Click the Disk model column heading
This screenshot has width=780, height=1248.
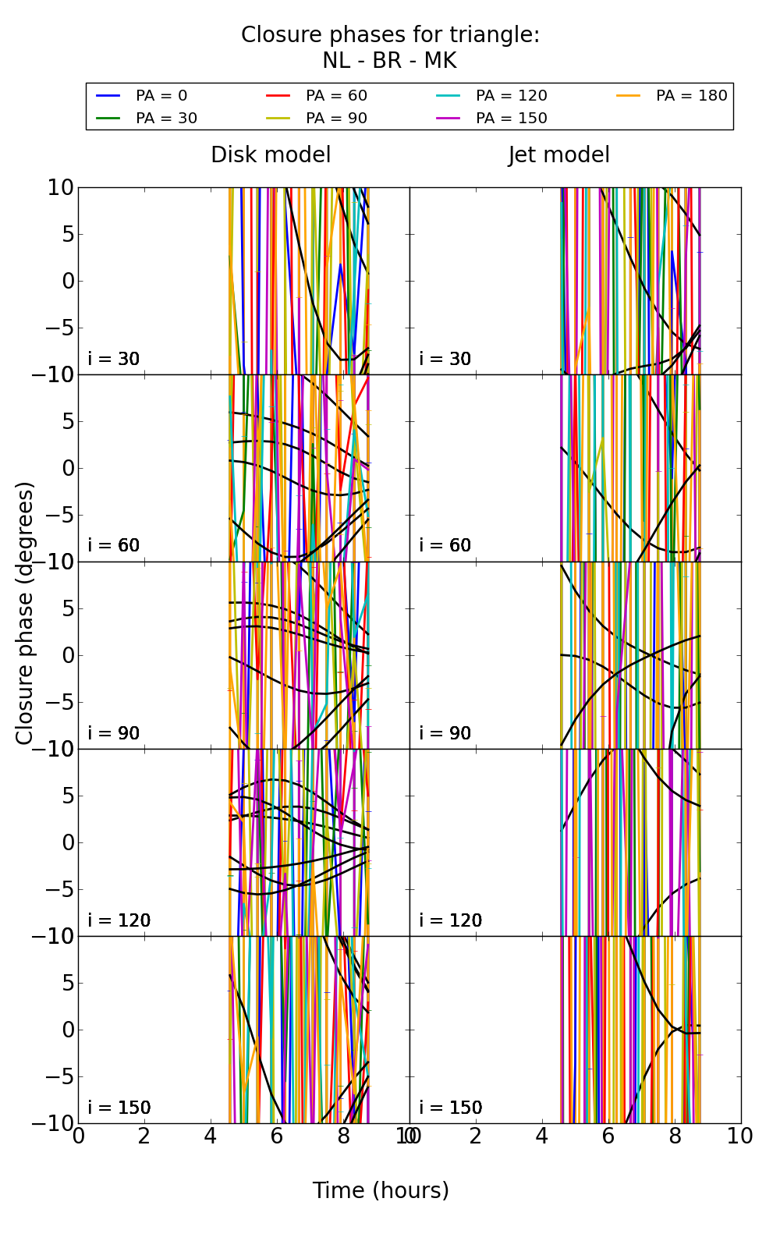coord(271,155)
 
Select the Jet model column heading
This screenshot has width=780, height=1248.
coord(558,155)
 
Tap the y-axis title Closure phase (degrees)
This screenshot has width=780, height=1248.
coord(25,613)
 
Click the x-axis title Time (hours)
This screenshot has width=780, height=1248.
coord(381,1190)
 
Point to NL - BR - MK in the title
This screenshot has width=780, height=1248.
coord(389,61)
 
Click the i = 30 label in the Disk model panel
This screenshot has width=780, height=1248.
coord(114,359)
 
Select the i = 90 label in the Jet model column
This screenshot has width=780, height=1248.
coord(445,733)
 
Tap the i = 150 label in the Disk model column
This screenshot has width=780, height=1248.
coord(119,1108)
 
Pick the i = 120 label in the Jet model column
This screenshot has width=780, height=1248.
coord(450,920)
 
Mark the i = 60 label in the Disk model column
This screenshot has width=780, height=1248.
coord(114,545)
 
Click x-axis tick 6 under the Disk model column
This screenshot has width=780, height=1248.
coord(277,1136)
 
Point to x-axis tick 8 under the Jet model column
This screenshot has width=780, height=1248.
coord(675,1136)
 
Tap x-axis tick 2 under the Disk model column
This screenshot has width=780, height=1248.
coord(144,1136)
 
